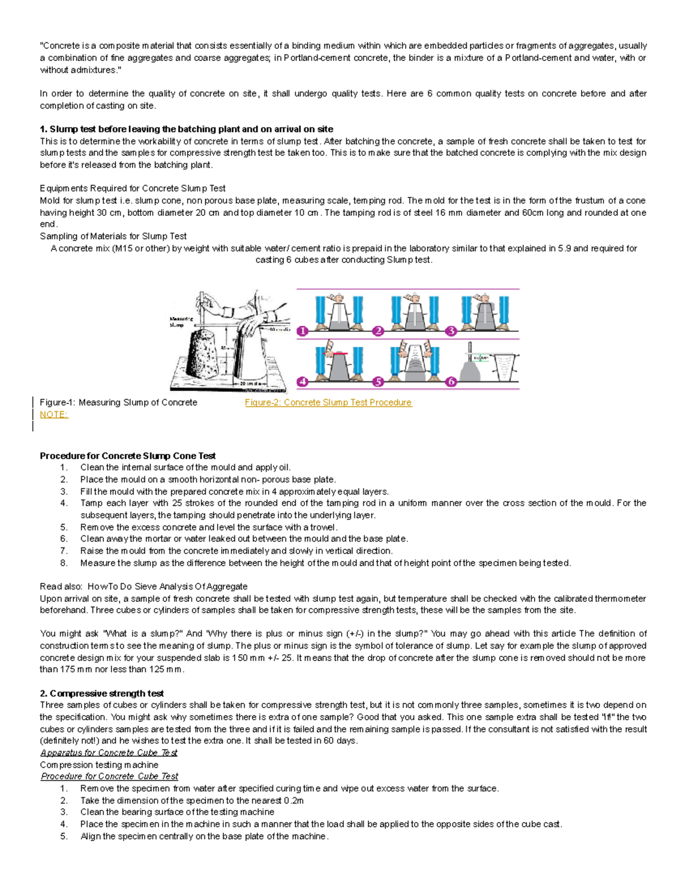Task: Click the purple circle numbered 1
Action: coord(303,331)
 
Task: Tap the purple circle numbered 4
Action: coord(303,381)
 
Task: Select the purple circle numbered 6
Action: coord(451,381)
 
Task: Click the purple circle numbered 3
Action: coord(451,331)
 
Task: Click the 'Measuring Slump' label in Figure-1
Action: coord(181,322)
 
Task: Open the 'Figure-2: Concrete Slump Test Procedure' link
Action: coord(328,403)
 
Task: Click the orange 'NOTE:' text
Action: coord(54,415)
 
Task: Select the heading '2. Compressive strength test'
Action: coord(102,693)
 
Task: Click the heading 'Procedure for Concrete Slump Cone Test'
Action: coord(127,456)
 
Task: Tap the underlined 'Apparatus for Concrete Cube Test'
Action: coord(109,752)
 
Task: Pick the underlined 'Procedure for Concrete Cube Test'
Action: coord(109,776)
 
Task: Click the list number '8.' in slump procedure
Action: coord(64,563)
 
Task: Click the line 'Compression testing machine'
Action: coord(99,764)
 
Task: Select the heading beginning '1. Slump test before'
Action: coord(186,129)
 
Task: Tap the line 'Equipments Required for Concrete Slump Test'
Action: coord(132,188)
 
